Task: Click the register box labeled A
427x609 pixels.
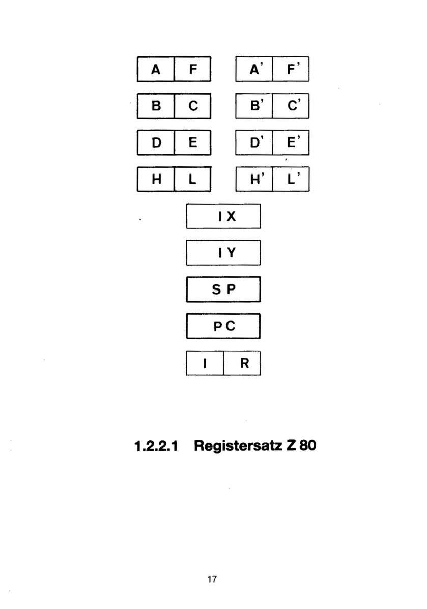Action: (x=156, y=69)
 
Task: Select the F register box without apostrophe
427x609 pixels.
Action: (x=193, y=69)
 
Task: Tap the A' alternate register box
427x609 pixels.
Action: (x=254, y=69)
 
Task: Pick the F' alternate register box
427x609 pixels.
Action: (x=291, y=69)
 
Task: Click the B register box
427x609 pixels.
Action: (x=156, y=106)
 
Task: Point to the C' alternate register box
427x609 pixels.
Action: (x=291, y=106)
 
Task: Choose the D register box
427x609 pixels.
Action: (x=156, y=142)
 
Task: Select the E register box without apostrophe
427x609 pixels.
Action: (x=193, y=142)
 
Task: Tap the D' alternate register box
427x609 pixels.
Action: (x=254, y=142)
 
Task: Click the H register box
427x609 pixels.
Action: (x=156, y=179)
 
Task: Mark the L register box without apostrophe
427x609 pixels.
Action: (x=193, y=179)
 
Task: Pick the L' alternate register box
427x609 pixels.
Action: (x=291, y=179)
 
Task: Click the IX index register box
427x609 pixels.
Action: (x=223, y=216)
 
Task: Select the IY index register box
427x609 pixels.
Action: (x=223, y=253)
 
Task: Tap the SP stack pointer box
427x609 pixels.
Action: (x=223, y=289)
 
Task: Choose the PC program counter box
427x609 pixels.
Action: (x=223, y=326)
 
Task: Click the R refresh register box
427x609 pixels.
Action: (x=242, y=363)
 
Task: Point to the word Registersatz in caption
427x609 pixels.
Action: (x=238, y=446)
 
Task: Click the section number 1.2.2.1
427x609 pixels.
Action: (x=156, y=446)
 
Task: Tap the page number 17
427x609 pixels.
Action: (x=212, y=579)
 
